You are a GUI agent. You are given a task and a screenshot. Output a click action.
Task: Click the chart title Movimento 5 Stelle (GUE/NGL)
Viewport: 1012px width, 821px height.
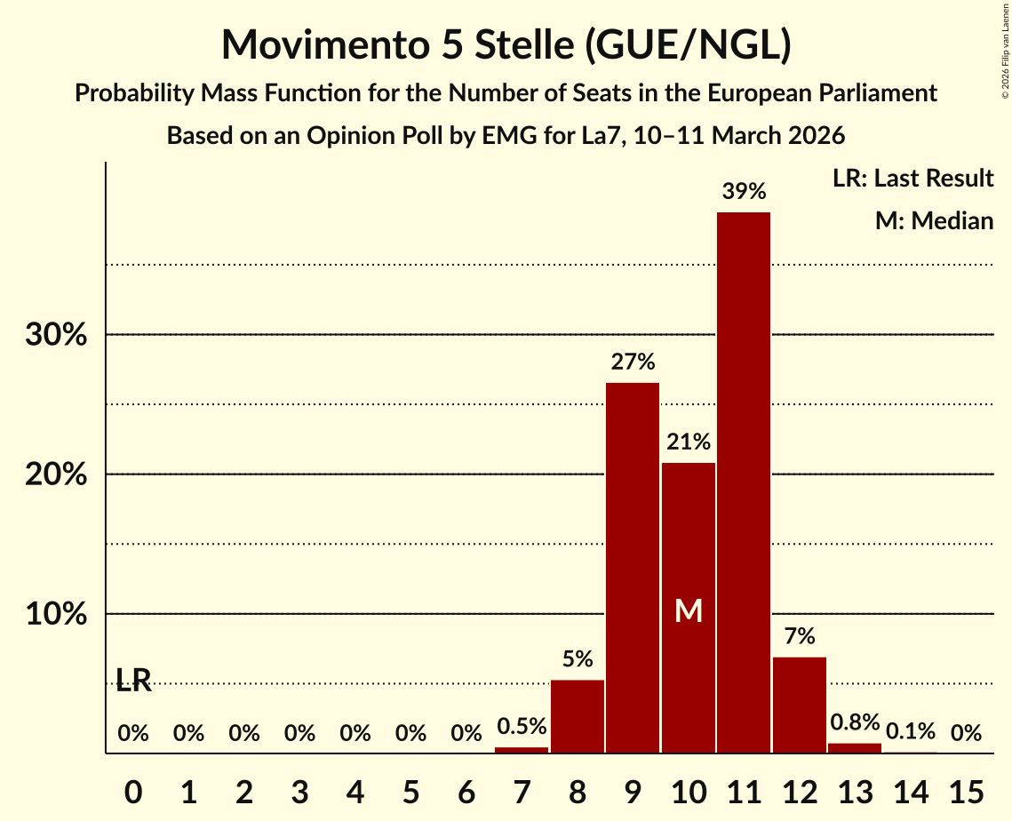506,44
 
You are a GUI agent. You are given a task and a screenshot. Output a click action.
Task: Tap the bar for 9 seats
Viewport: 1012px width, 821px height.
633,568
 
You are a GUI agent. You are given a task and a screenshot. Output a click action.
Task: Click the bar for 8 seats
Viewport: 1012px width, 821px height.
578,716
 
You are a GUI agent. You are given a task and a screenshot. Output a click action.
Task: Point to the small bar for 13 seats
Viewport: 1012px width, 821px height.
855,748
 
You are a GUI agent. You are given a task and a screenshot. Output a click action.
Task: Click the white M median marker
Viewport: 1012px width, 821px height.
689,610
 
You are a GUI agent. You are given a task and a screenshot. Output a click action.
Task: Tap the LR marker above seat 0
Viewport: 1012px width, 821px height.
133,681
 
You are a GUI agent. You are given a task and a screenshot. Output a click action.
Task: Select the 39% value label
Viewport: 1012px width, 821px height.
744,191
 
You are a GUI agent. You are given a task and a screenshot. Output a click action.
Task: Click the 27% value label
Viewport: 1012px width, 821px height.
633,362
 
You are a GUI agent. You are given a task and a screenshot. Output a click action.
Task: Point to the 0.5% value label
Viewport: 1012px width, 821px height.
522,727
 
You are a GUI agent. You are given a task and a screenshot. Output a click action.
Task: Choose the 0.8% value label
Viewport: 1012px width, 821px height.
855,721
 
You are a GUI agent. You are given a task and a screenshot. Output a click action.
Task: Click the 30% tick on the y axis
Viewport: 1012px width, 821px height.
56,336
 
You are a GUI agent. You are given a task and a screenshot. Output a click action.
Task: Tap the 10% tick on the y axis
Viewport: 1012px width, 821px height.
56,615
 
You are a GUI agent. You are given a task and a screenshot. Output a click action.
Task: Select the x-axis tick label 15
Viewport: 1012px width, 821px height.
966,789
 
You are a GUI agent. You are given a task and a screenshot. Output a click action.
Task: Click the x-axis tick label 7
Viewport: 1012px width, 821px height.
522,789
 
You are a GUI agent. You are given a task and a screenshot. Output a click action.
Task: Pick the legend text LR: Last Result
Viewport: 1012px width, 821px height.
912,179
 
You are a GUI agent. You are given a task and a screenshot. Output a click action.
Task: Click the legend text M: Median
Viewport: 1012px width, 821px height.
934,220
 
